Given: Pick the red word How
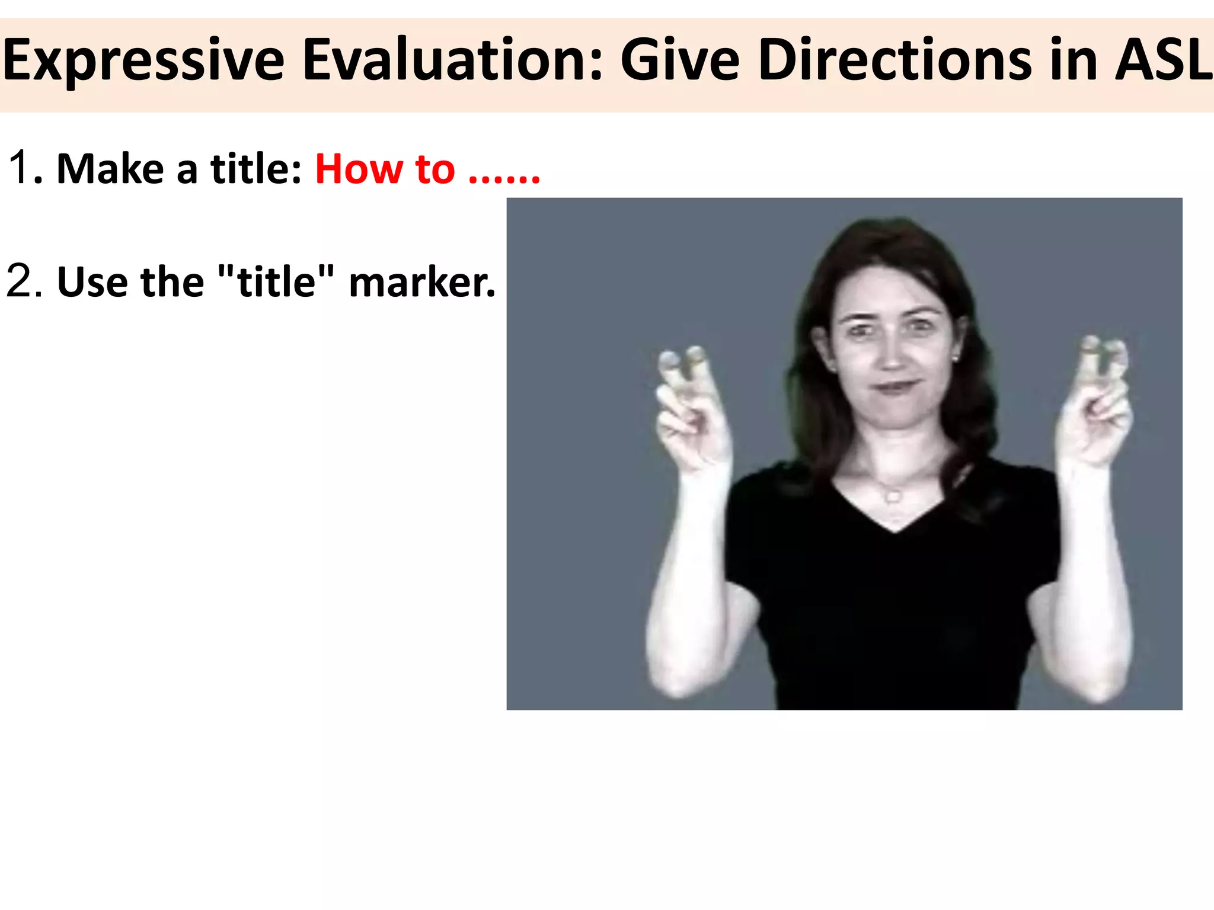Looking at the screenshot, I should pyautogui.click(x=359, y=169).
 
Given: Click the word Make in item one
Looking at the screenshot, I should pyautogui.click(x=110, y=169).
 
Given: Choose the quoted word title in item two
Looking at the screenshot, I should pyautogui.click(x=276, y=281).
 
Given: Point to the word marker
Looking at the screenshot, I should pyautogui.click(x=421, y=282).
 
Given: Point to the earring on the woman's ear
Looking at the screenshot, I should pyautogui.click(x=955, y=358).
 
